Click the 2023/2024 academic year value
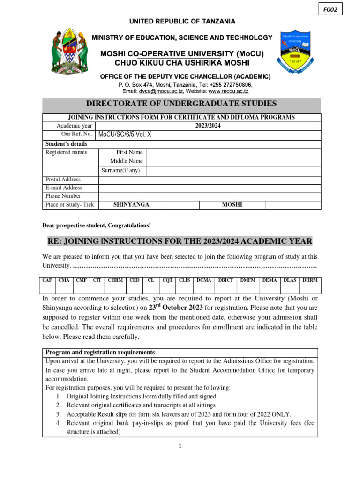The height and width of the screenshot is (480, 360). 208,126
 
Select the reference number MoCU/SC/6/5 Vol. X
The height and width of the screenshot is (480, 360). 125,135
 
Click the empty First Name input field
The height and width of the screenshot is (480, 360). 233,153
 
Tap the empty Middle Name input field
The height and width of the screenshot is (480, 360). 233,162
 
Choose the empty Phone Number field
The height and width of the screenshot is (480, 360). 210,196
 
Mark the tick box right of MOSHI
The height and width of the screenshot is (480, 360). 293,205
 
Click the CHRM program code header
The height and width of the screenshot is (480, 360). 115,280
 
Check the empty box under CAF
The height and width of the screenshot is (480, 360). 47,289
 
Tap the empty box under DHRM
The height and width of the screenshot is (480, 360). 310,289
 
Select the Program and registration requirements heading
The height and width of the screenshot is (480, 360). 100,352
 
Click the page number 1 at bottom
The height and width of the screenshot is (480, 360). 180,446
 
